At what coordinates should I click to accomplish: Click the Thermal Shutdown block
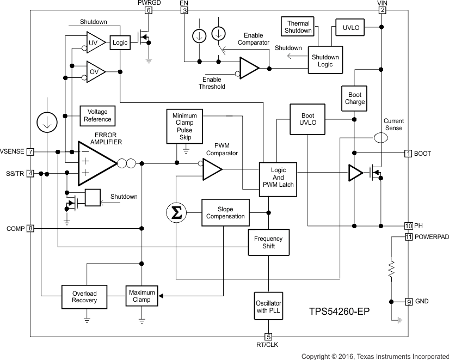pyautogui.click(x=298, y=26)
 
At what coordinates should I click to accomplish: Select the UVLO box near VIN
pyautogui.click(x=348, y=27)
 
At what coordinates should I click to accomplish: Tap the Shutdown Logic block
pyautogui.click(x=325, y=60)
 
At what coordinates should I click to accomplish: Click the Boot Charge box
pyautogui.click(x=354, y=98)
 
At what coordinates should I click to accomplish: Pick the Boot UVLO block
pyautogui.click(x=307, y=119)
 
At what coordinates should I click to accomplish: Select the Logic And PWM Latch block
pyautogui.click(x=278, y=178)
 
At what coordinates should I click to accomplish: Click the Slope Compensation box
pyautogui.click(x=225, y=212)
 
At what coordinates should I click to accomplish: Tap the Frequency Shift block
pyautogui.click(x=268, y=242)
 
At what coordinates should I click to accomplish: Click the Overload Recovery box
pyautogui.click(x=84, y=297)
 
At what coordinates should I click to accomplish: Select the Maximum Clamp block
pyautogui.click(x=142, y=296)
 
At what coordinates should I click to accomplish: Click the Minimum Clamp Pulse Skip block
pyautogui.click(x=185, y=127)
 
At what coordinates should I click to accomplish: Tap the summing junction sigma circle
pyautogui.click(x=176, y=212)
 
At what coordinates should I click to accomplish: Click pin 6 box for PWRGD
pyautogui.click(x=149, y=10)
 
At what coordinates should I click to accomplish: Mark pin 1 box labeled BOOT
pyautogui.click(x=408, y=154)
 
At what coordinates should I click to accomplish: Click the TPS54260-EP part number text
pyautogui.click(x=340, y=312)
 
